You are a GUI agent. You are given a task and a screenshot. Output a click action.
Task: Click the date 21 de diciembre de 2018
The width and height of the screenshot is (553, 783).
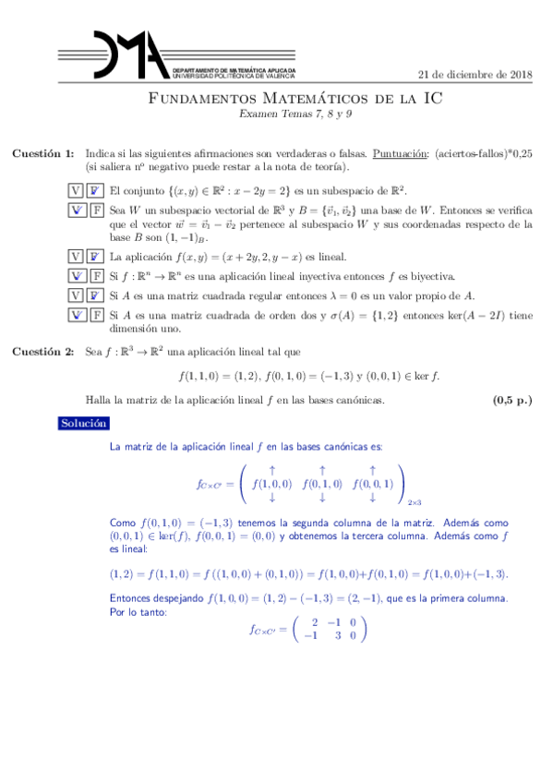(475, 75)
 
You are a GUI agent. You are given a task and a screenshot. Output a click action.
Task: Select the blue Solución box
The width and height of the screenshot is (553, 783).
(84, 423)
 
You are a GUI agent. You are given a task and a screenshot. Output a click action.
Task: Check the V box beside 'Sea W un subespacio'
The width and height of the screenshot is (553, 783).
(77, 211)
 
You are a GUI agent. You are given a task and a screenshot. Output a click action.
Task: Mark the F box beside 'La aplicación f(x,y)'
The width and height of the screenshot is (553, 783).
(95, 257)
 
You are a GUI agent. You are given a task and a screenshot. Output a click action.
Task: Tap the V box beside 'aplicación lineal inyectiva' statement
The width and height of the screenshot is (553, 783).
(77, 276)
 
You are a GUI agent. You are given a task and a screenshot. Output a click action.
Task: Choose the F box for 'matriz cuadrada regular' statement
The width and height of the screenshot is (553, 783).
(95, 295)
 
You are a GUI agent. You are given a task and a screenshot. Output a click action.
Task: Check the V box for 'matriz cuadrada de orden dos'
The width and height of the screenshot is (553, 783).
(77, 315)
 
